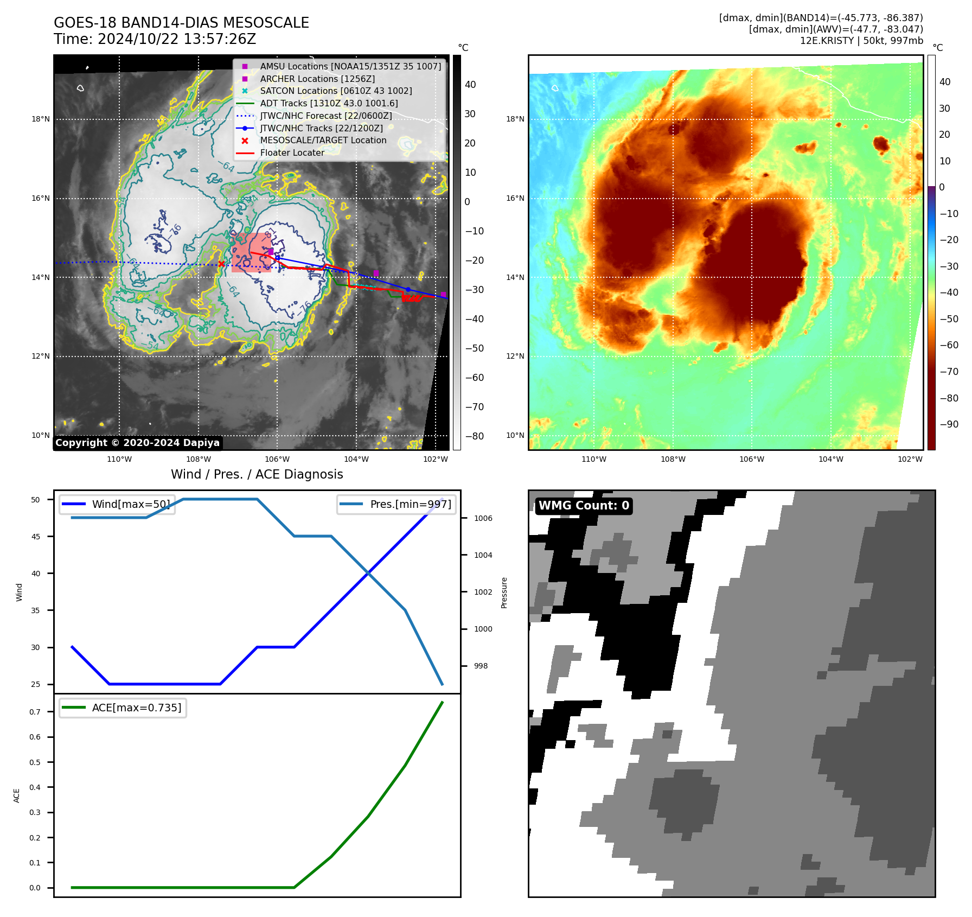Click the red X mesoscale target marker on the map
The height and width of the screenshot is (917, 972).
[x=221, y=264]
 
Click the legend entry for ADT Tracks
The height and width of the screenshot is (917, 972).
[x=329, y=103]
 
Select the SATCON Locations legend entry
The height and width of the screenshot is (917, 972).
[x=336, y=91]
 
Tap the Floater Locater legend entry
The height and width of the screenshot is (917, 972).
[x=292, y=152]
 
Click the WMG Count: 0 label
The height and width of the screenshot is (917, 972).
[x=584, y=506]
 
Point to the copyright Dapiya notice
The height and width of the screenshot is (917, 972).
[x=137, y=443]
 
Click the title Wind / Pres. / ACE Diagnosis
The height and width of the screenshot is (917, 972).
[x=257, y=474]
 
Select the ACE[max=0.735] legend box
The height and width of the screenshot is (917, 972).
[x=123, y=708]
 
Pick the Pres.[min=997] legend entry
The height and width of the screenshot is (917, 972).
[x=397, y=504]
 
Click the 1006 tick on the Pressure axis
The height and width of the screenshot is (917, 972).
[x=483, y=518]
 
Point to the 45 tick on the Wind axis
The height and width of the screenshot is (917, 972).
[x=36, y=537]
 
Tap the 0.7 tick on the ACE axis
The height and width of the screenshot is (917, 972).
[x=35, y=712]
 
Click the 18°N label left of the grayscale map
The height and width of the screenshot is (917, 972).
[x=41, y=119]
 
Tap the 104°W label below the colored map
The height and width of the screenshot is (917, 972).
[x=830, y=459]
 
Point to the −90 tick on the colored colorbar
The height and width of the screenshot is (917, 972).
[x=949, y=424]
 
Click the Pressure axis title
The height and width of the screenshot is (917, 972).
[x=504, y=593]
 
